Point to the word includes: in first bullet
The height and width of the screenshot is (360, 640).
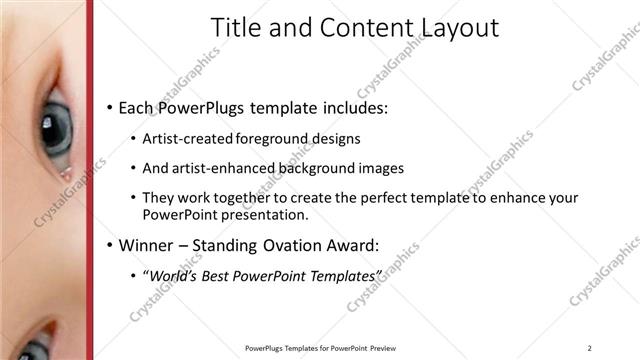350,107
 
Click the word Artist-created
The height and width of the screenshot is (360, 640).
189,139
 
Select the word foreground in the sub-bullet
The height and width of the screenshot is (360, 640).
275,139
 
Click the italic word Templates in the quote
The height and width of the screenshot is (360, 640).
339,274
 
